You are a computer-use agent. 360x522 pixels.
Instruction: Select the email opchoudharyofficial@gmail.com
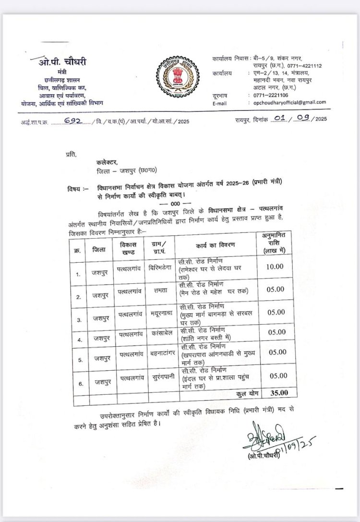coord(291,102)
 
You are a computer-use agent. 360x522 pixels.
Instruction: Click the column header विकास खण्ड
coord(127,248)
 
